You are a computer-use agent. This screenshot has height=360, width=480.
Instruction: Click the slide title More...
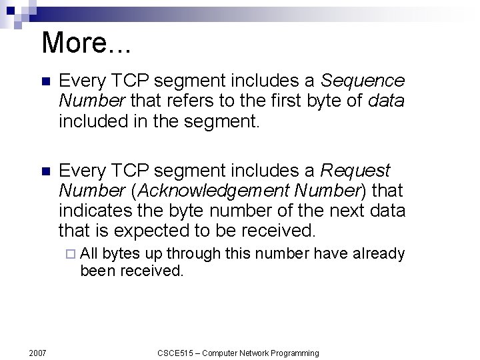pyautogui.click(x=86, y=43)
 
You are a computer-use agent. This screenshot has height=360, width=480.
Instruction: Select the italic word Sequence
pyautogui.click(x=363, y=81)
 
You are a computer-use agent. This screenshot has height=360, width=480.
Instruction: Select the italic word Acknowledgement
pyautogui.click(x=211, y=191)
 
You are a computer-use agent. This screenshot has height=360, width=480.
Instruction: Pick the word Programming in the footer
pyautogui.click(x=291, y=353)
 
